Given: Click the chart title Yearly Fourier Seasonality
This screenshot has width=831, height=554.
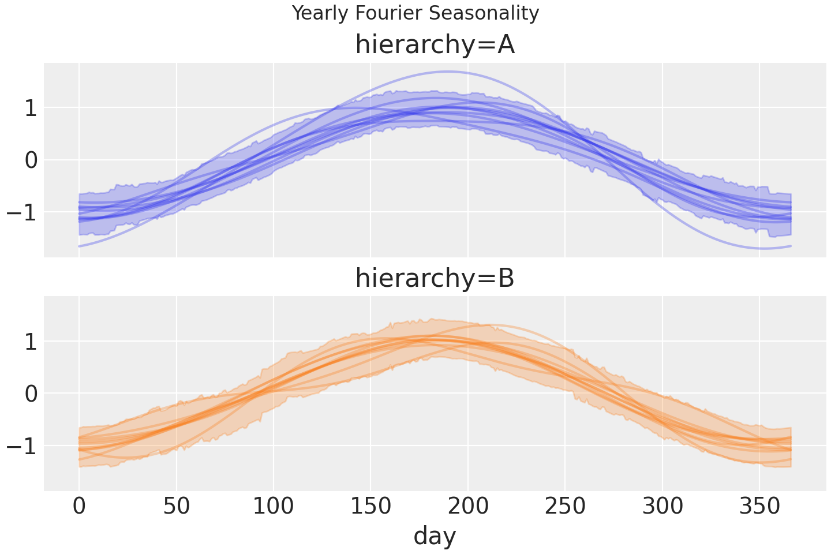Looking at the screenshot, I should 415,13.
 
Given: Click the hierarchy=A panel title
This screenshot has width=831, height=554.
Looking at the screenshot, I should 435,45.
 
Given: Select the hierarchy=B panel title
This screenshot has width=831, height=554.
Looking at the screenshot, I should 435,278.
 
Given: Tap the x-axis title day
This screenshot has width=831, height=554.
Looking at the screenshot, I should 435,536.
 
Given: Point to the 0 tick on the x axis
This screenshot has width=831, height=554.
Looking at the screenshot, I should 79,506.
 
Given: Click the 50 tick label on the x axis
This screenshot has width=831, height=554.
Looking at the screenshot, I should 176,506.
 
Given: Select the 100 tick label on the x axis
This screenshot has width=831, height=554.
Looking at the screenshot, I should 274,506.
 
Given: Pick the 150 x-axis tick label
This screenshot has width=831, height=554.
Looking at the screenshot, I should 370,506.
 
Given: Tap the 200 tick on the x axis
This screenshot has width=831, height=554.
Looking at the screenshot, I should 468,506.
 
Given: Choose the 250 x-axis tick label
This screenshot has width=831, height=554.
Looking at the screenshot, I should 565,506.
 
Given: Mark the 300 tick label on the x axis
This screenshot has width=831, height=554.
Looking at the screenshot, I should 662,506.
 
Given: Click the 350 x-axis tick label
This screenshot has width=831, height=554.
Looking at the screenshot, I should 759,506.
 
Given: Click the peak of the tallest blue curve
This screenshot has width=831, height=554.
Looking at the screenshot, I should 448,72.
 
